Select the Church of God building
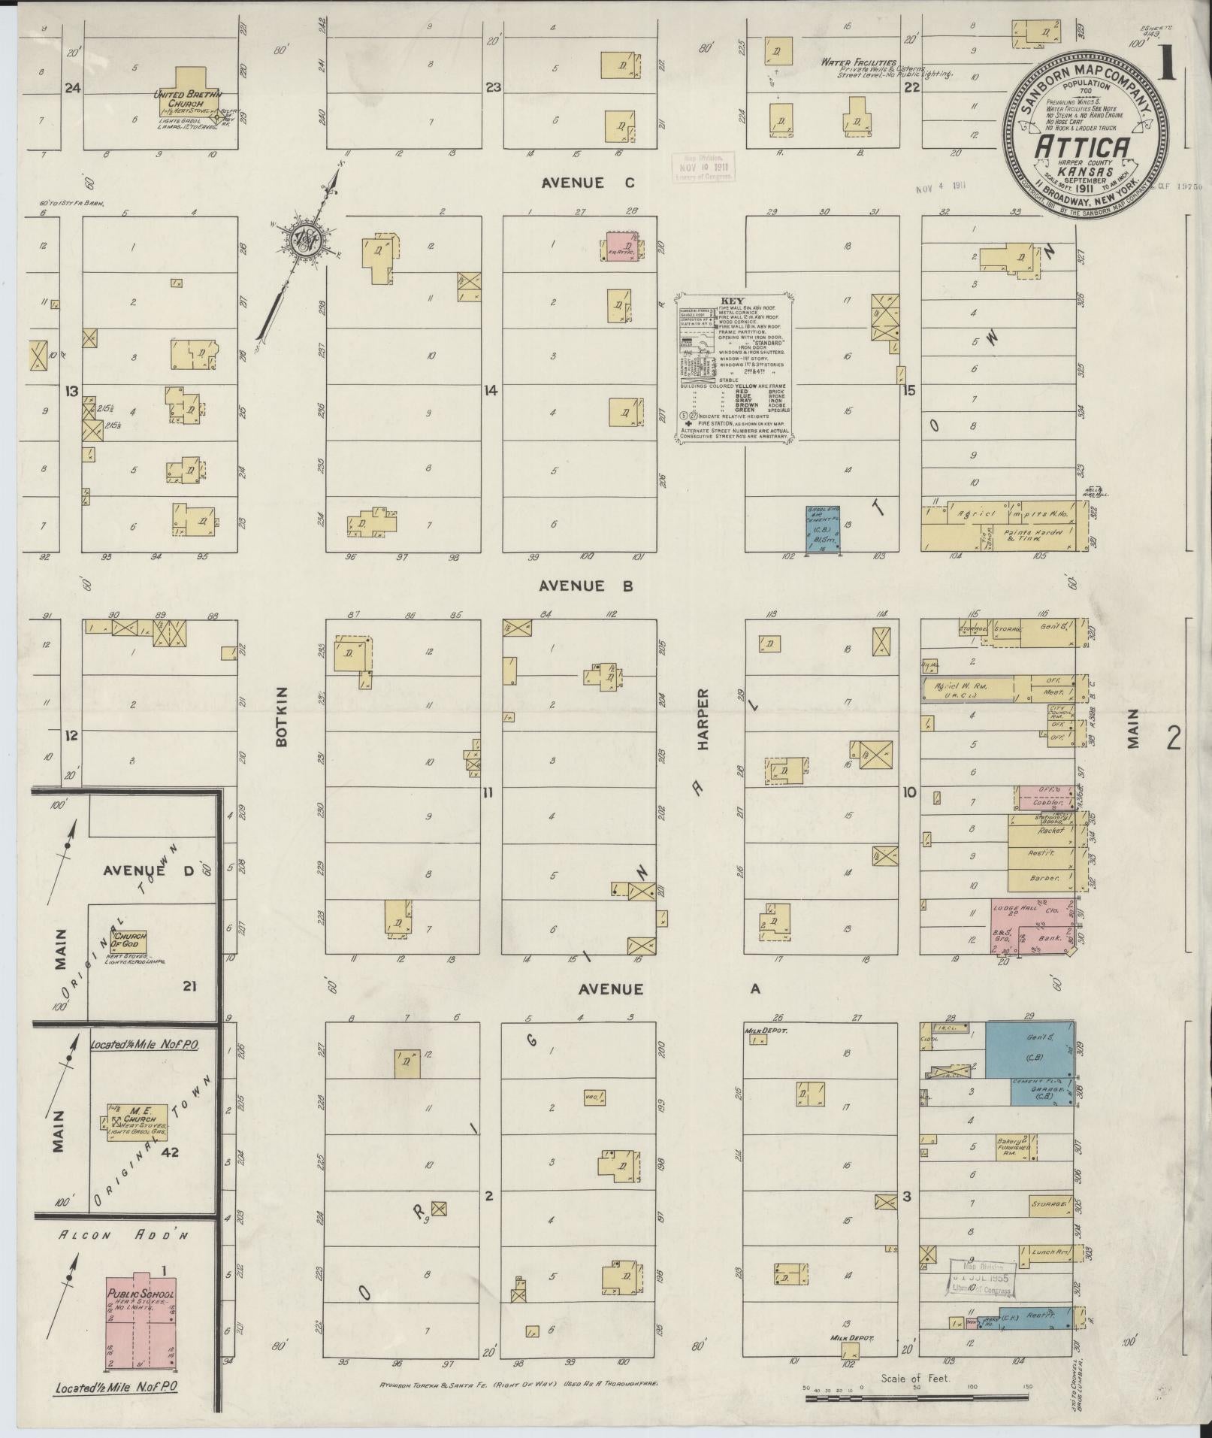click(x=129, y=939)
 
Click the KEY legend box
click(x=736, y=366)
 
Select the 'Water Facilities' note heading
click(x=857, y=62)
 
